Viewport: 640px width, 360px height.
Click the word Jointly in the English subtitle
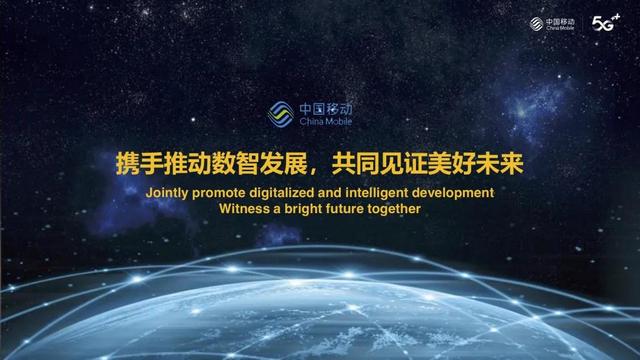point(167,192)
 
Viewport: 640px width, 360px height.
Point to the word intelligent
point(391,192)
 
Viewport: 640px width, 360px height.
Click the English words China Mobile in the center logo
point(326,121)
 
